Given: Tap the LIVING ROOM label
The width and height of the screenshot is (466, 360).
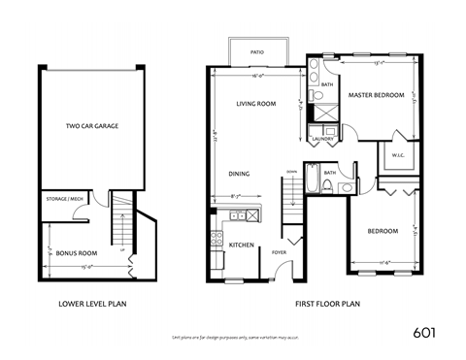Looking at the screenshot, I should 256,102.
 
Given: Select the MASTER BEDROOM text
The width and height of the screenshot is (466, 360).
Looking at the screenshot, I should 376,95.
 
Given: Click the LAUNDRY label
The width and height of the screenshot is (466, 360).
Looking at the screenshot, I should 322,139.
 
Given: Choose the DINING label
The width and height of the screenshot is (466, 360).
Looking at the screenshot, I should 239,174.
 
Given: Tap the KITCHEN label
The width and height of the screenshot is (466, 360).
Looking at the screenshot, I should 241,245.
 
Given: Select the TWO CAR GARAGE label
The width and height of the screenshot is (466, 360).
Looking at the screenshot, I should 92,126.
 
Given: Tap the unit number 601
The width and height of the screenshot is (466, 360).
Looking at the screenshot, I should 423,331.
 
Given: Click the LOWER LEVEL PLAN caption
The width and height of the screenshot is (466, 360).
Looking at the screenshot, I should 92,303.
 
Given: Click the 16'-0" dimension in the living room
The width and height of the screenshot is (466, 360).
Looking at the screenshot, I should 257,75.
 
